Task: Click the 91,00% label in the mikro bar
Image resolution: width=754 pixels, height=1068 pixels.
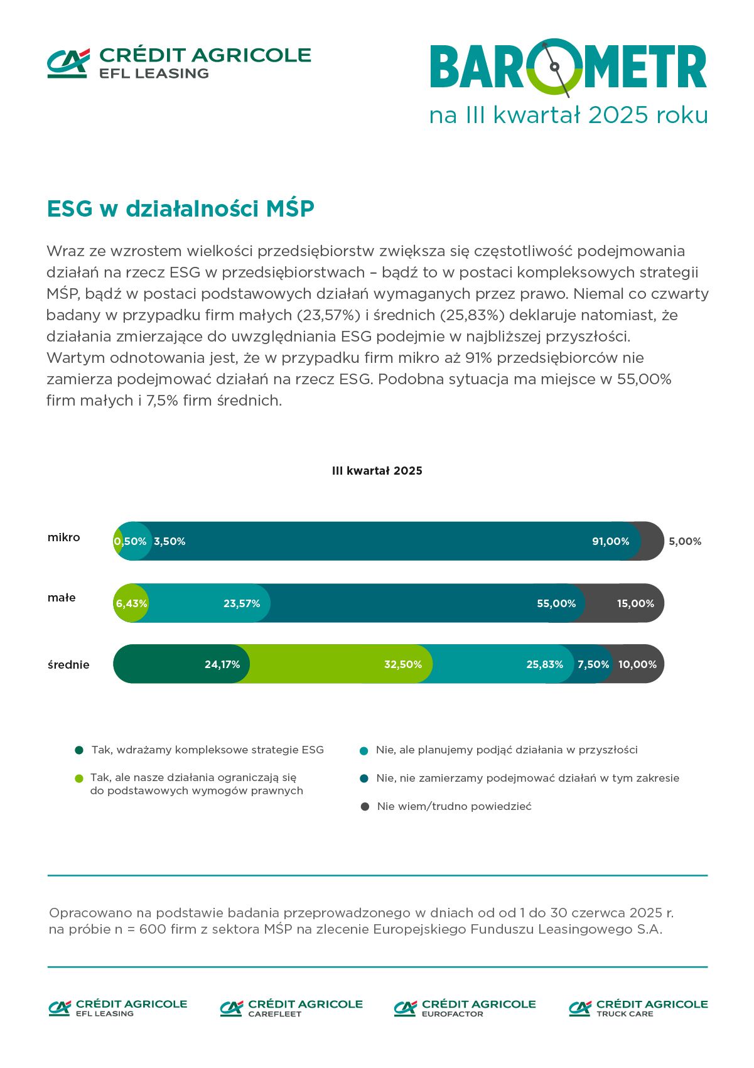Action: click(x=610, y=541)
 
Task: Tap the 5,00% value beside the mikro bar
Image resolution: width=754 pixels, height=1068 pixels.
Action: click(x=685, y=541)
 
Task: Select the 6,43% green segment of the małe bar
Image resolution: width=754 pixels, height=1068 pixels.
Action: click(x=131, y=603)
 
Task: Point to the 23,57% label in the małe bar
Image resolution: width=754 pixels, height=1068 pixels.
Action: click(x=242, y=603)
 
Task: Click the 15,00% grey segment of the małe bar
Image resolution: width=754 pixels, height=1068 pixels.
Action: click(x=635, y=603)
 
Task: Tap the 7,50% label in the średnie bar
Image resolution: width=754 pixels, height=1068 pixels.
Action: click(x=593, y=664)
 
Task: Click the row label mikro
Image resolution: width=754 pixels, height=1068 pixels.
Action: click(x=64, y=537)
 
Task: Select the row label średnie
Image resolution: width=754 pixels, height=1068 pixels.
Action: click(x=68, y=664)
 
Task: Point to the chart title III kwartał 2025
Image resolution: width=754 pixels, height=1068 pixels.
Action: click(x=377, y=471)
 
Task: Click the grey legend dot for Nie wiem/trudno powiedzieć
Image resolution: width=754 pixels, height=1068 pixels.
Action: click(x=365, y=806)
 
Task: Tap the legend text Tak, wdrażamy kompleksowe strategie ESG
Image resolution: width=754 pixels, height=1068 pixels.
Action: click(x=208, y=750)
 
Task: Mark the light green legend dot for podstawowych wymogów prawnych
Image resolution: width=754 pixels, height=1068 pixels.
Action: click(x=78, y=779)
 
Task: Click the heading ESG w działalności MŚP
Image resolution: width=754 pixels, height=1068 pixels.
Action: click(x=181, y=208)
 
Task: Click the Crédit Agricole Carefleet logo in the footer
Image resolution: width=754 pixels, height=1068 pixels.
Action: click(x=291, y=1008)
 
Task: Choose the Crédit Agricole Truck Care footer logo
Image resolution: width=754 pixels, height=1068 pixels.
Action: click(x=638, y=1008)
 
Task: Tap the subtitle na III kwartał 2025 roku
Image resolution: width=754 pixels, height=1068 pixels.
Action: click(x=568, y=116)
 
